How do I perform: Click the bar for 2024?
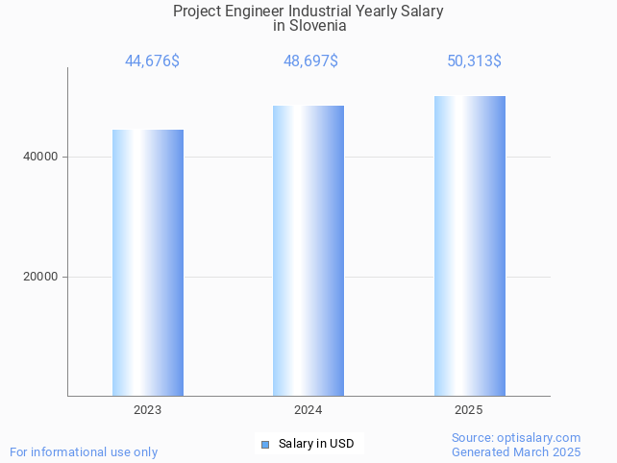point(308,251)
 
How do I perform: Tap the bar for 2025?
point(469,246)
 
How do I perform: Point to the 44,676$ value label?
point(152,61)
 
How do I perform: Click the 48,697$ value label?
point(310,61)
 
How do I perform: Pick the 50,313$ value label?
point(474,61)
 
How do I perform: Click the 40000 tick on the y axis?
point(41,157)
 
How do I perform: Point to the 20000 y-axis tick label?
point(41,277)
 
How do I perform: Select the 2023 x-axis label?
point(148,410)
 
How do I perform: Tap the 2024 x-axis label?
point(308,410)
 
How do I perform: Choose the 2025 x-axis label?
point(469,410)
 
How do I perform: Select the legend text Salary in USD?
point(316,444)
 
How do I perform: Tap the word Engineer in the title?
point(260,12)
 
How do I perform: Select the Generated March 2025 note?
point(516,452)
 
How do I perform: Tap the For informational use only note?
point(84,452)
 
